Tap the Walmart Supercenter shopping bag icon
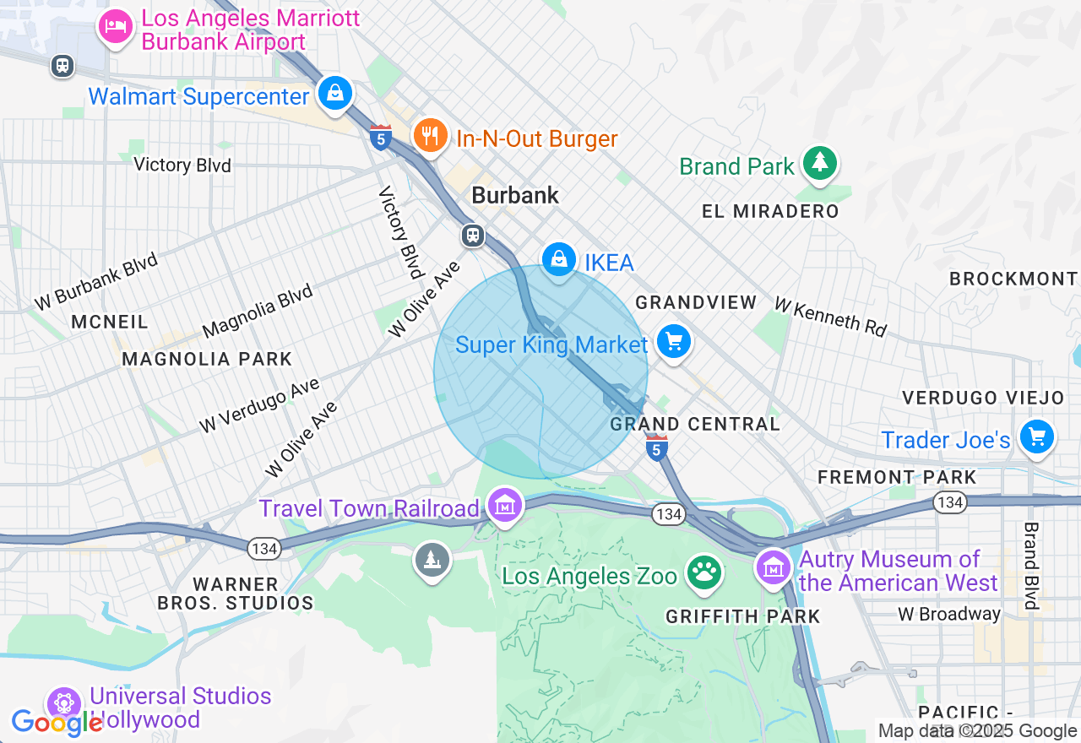tap(335, 93)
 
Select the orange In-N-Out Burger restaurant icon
tap(431, 135)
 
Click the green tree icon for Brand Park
tap(818, 162)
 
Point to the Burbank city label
tap(515, 195)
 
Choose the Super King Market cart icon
tap(673, 342)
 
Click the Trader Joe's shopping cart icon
tap(1037, 437)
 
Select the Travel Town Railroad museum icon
tap(505, 507)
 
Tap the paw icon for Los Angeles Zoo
tap(703, 572)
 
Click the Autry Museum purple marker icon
tap(773, 567)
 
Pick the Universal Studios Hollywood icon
tap(63, 702)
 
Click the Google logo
tap(57, 723)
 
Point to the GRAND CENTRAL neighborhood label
tap(695, 424)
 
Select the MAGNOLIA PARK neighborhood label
tap(207, 359)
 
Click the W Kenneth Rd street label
tap(830, 317)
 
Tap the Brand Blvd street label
tap(1030, 565)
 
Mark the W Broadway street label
tap(949, 614)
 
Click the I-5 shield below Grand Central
tap(657, 447)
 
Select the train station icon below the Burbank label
tap(473, 236)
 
